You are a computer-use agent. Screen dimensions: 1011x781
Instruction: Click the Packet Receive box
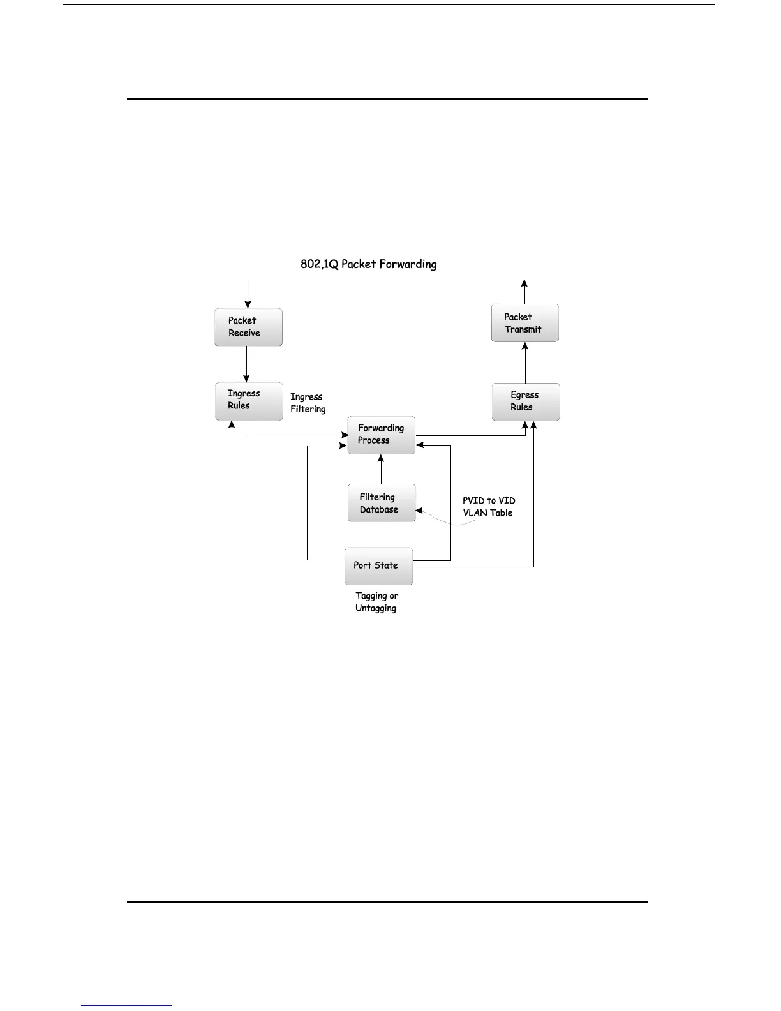[248, 327]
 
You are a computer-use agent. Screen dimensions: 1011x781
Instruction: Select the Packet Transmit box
[525, 323]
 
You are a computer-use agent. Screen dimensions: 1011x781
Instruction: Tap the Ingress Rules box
[249, 401]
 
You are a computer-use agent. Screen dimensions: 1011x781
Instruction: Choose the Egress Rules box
[526, 401]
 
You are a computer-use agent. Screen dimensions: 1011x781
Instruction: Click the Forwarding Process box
[381, 435]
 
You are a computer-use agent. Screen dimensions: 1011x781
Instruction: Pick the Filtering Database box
[382, 503]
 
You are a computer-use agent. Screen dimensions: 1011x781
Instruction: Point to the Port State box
[378, 565]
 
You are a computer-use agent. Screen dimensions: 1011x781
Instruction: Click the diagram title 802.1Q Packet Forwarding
[369, 264]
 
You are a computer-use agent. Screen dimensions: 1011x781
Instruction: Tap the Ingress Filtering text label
[308, 403]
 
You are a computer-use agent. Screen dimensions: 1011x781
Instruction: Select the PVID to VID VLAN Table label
[489, 507]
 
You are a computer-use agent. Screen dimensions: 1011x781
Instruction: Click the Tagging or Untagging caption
[376, 602]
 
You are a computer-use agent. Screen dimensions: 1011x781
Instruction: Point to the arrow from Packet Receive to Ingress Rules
[247, 364]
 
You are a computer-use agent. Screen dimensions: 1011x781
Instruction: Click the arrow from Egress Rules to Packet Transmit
[525, 363]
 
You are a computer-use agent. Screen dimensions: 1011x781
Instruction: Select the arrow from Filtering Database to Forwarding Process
[381, 469]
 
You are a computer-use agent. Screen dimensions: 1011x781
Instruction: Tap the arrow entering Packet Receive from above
[248, 294]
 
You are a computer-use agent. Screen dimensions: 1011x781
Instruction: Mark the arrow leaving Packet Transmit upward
[524, 292]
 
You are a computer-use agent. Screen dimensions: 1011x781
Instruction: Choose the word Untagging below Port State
[376, 608]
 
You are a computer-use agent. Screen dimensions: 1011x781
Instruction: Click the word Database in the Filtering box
[379, 509]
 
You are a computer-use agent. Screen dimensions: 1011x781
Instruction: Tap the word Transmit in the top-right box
[523, 329]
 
